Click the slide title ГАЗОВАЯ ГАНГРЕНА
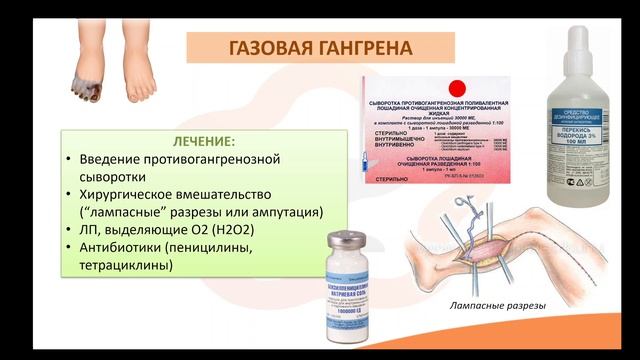click(x=320, y=46)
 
